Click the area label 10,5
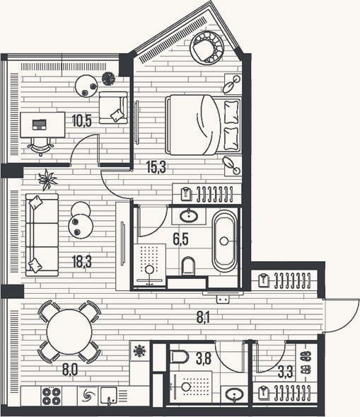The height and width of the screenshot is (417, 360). pyautogui.click(x=82, y=121)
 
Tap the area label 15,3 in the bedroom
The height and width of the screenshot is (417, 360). pyautogui.click(x=156, y=167)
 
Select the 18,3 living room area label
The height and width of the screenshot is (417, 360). pyautogui.click(x=82, y=261)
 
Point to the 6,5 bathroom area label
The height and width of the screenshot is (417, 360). pyautogui.click(x=180, y=239)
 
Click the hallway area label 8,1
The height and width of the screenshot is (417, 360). pyautogui.click(x=203, y=317)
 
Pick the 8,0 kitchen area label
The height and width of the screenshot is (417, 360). pyautogui.click(x=70, y=370)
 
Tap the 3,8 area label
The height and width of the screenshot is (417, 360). pyautogui.click(x=204, y=358)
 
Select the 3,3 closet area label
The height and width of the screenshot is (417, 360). pyautogui.click(x=286, y=372)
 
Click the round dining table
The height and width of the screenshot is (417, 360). pyautogui.click(x=69, y=331)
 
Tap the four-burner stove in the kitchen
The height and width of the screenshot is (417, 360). pyautogui.click(x=51, y=396)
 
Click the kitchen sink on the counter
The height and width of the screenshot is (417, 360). pyautogui.click(x=109, y=396)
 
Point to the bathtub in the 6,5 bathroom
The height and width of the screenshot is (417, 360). pyautogui.click(x=224, y=241)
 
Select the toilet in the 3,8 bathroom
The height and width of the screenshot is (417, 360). pyautogui.click(x=179, y=357)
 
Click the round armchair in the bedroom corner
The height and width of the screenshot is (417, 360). pyautogui.click(x=207, y=48)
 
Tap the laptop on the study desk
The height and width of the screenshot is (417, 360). pyautogui.click(x=40, y=125)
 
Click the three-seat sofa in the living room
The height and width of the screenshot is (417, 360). pyautogui.click(x=42, y=235)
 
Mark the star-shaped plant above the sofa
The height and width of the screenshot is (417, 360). pyautogui.click(x=47, y=180)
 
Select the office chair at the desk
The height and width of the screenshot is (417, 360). pyautogui.click(x=40, y=147)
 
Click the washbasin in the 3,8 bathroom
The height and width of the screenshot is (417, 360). pyautogui.click(x=234, y=394)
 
